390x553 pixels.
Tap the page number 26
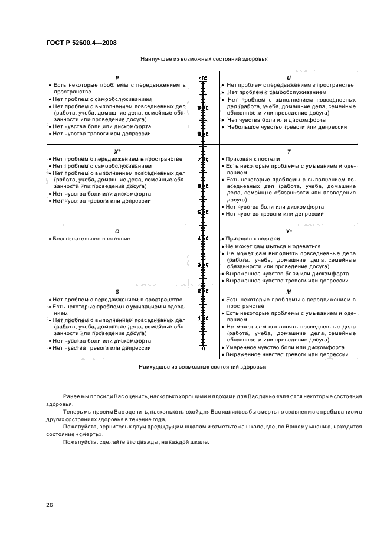coord(50,505)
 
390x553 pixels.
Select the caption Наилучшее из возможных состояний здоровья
coord(204,60)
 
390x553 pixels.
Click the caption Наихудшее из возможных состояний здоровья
coord(202,366)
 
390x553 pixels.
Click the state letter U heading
coord(289,78)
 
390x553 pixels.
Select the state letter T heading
coord(289,152)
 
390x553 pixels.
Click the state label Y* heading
coord(289,231)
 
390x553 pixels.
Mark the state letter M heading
coord(289,292)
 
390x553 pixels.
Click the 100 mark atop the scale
coord(203,79)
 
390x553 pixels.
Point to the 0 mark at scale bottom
coord(203,349)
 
